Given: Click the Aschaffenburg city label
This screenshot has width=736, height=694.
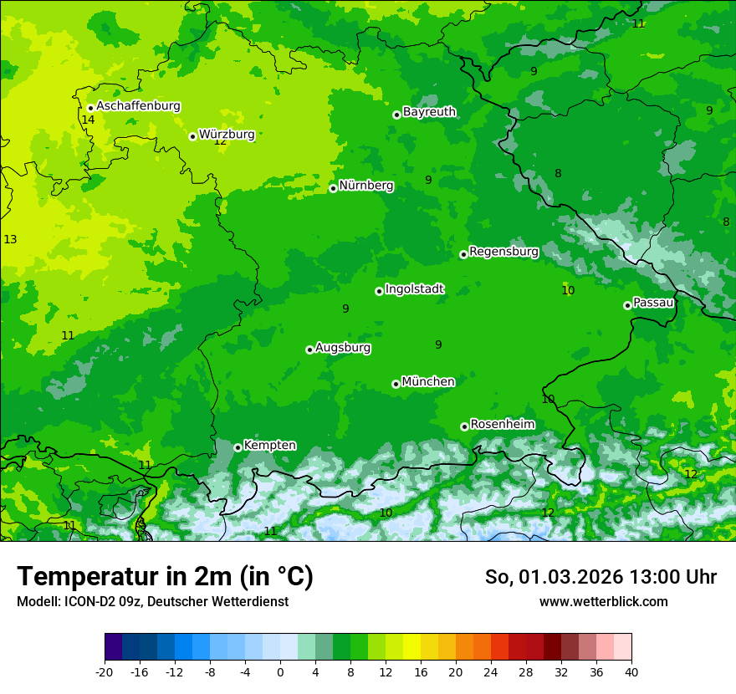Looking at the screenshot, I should (138, 106).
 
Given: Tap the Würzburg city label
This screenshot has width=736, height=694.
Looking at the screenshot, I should (227, 134).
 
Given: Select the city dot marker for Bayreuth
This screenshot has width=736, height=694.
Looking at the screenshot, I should (397, 115).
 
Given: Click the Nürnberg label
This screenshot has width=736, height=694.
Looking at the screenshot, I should (366, 186).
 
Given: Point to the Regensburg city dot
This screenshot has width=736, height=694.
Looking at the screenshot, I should (463, 254).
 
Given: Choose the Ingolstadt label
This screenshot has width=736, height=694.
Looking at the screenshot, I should (414, 289).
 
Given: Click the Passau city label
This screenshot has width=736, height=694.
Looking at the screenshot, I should (653, 303).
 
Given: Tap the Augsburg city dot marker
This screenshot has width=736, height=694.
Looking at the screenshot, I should (309, 350).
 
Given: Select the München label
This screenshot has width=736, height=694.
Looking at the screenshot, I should (428, 382).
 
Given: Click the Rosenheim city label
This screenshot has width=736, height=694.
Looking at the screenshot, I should (502, 425).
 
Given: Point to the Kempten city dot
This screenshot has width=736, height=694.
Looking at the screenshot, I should (238, 447).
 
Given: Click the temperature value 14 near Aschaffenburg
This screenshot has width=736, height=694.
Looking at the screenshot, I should (88, 120).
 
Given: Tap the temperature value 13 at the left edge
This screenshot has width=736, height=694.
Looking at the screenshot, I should (10, 240).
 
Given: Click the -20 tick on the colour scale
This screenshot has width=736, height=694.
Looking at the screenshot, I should (105, 672).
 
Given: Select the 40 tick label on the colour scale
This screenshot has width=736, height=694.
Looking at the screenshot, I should (631, 672).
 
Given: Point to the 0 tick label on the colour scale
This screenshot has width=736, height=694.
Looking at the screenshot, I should (280, 672).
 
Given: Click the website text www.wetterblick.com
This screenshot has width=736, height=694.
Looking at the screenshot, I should (603, 602).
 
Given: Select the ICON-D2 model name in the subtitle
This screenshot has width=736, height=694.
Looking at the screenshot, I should (79, 602).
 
